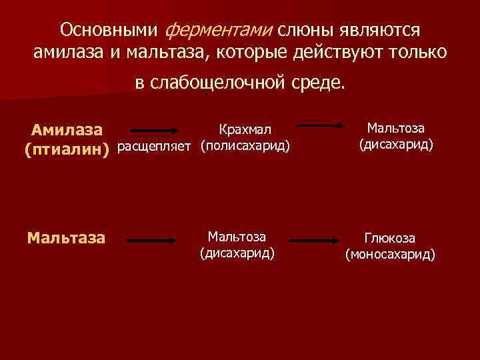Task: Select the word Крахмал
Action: coord(245,129)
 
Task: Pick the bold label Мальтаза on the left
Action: coord(66,237)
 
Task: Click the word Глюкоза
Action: coord(389,238)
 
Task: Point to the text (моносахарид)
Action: coord(389,254)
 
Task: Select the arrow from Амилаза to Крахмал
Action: coord(153,131)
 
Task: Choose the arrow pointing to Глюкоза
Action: coord(317,239)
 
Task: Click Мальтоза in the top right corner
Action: coord(396,128)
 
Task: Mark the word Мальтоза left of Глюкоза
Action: coord(237,236)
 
